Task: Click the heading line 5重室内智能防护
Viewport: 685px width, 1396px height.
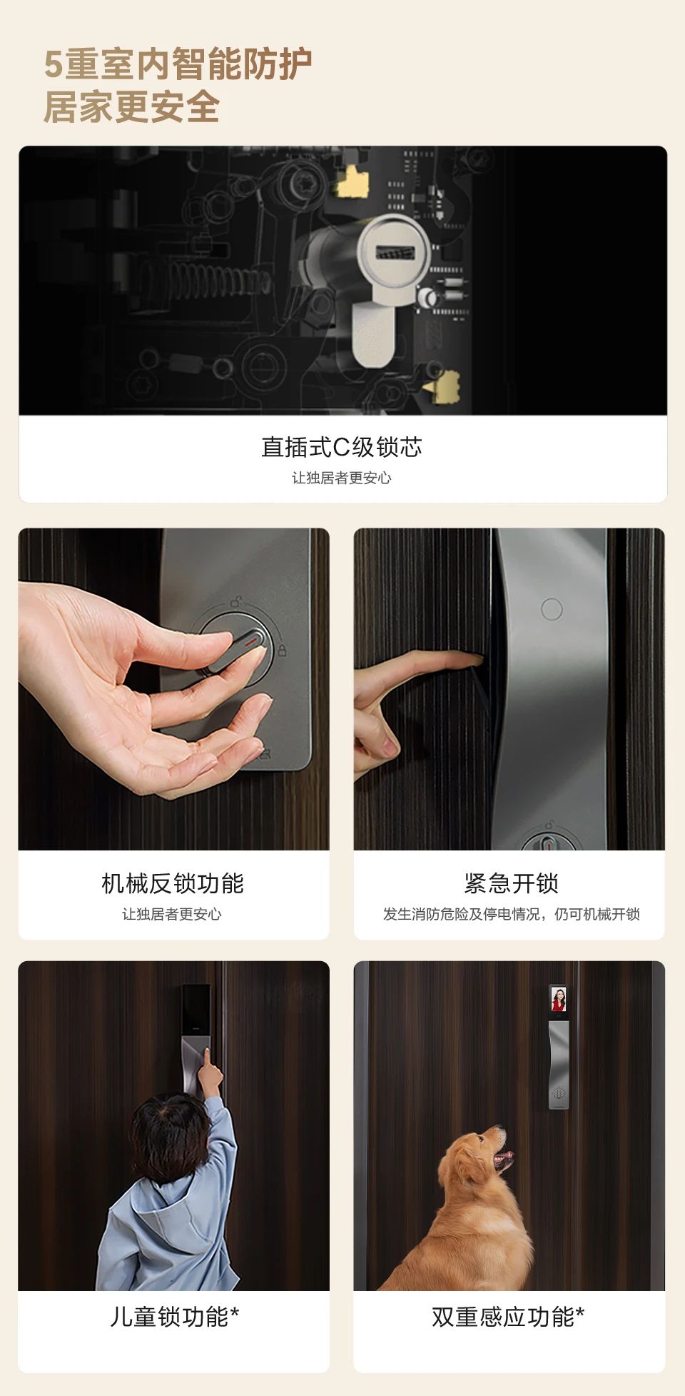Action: tap(178, 64)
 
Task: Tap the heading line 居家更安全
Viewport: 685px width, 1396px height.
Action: tap(132, 107)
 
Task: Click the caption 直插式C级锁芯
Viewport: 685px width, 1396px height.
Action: tap(342, 447)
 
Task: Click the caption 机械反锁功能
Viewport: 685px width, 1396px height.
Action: tap(173, 883)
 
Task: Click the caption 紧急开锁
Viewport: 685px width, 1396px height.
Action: tap(511, 883)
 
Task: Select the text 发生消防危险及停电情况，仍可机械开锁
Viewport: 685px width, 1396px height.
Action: tap(511, 914)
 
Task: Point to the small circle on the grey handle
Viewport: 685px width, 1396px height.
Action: tap(552, 609)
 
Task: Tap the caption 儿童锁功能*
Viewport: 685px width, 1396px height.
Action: tap(174, 1317)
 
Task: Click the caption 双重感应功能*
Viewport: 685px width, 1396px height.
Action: tap(508, 1317)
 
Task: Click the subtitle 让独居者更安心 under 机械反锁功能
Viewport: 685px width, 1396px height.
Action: tap(172, 914)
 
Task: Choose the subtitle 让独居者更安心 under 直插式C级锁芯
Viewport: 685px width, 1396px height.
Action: tap(342, 478)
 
